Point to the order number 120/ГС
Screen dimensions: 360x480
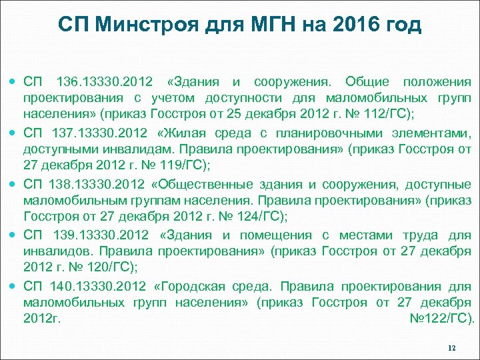[106, 266]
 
